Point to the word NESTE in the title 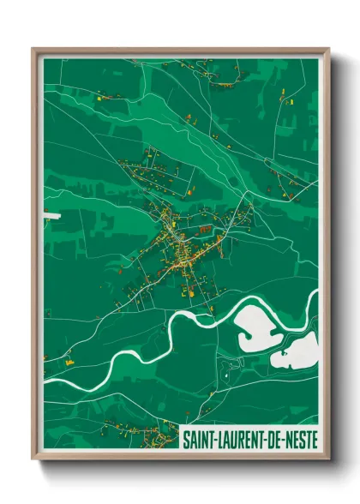point(299,439)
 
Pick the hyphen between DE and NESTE point(282,440)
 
